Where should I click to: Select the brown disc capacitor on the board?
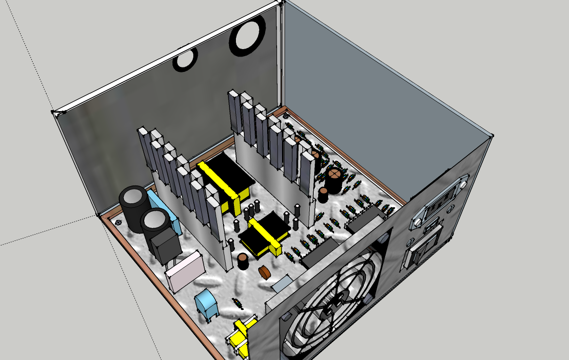click(265, 272)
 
